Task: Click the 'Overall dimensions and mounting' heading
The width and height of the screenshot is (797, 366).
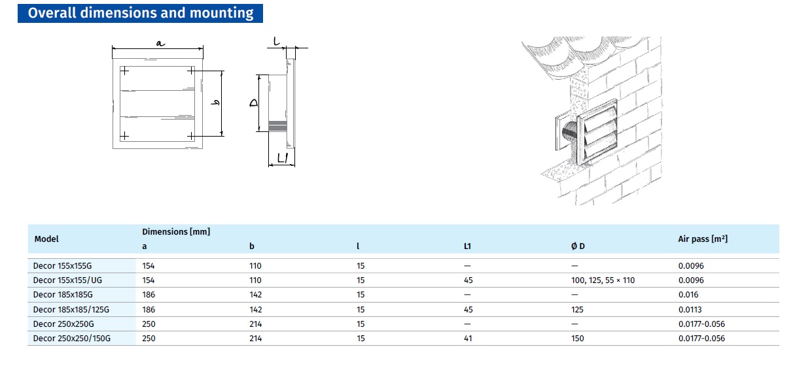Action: pos(141,13)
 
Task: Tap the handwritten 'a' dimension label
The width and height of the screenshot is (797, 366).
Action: pos(160,43)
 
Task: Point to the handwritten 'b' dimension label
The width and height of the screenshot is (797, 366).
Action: pos(215,103)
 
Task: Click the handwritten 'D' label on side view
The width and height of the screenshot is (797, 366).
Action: pos(254,103)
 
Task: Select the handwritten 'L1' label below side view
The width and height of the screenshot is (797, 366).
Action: pos(283,158)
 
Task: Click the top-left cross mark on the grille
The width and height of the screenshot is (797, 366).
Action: pos(124,71)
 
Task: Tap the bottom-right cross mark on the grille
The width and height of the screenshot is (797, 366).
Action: pos(191,136)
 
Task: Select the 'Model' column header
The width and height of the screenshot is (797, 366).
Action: pos(46,239)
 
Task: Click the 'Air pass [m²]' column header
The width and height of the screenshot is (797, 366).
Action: pos(703,239)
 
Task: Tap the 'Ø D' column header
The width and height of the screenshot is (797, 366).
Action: pos(578,246)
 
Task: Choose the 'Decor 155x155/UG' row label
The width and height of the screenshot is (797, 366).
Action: pos(67,280)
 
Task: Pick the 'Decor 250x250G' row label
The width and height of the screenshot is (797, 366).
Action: pos(63,324)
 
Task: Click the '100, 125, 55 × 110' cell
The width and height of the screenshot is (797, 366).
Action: pos(603,280)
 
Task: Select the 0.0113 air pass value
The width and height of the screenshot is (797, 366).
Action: pos(690,310)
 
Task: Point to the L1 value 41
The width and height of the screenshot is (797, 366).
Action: pos(468,339)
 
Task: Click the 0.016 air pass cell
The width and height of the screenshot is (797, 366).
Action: pos(688,295)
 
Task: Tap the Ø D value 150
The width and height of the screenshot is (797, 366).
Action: pos(578,339)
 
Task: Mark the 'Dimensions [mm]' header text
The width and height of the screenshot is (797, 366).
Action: pos(176,231)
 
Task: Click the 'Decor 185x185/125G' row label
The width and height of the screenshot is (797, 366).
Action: pos(71,310)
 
